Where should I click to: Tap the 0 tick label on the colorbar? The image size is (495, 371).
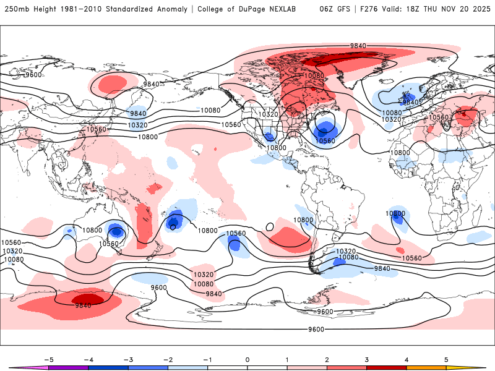247,359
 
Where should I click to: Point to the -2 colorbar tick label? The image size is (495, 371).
168,359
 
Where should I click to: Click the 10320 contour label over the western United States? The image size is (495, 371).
268,114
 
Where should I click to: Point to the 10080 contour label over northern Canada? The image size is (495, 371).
314,75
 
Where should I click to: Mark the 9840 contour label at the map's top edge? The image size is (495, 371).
358,46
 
